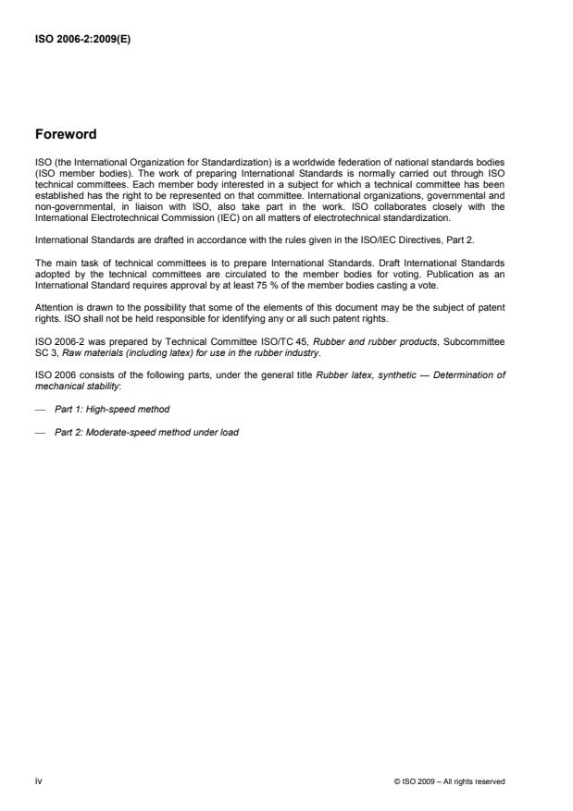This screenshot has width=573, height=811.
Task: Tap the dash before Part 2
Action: point(40,431)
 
